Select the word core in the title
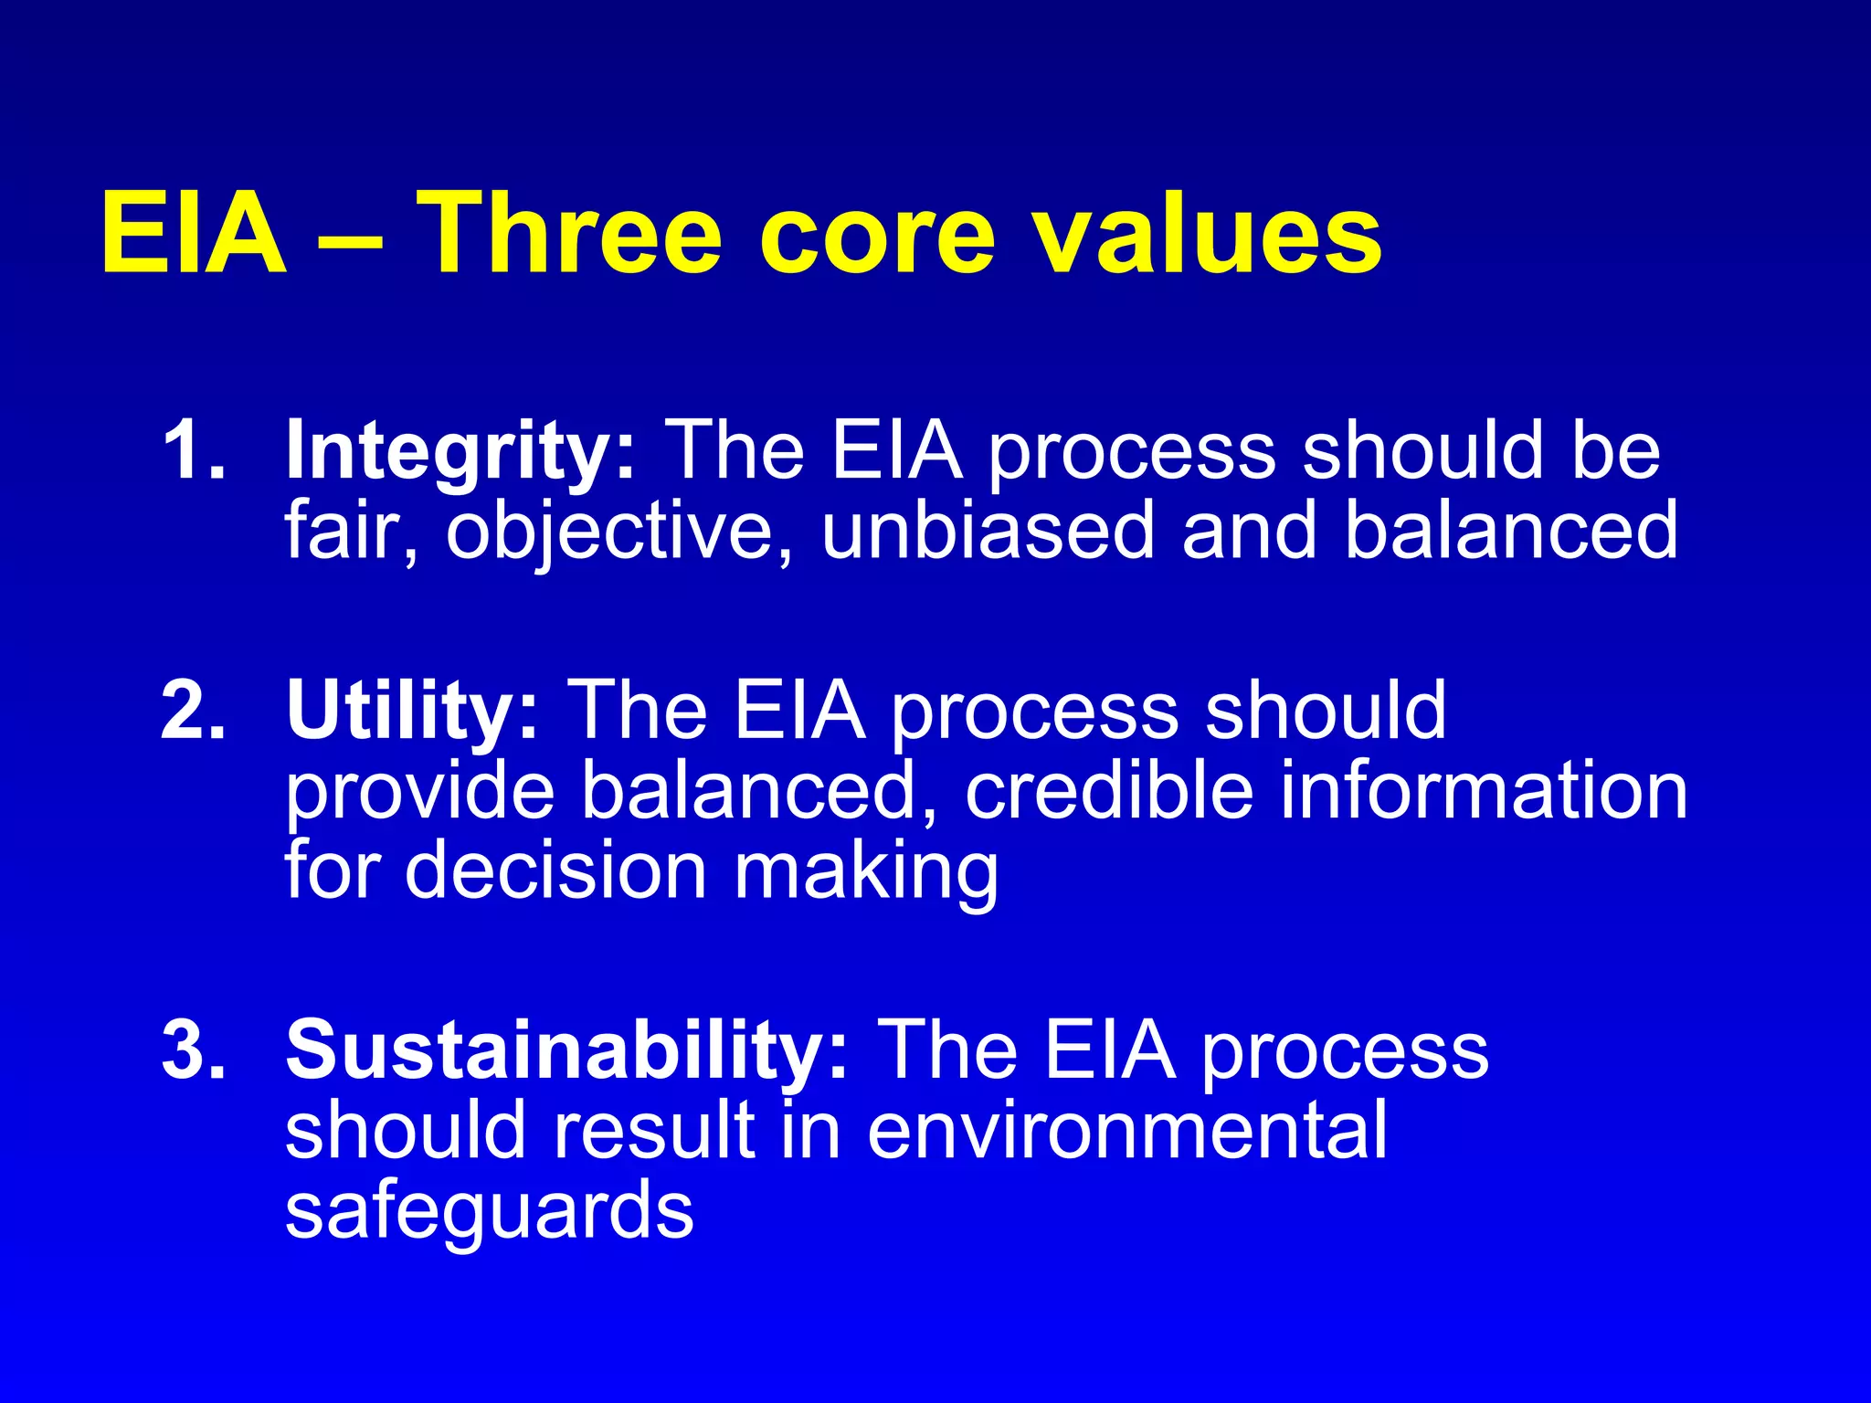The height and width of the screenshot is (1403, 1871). click(876, 236)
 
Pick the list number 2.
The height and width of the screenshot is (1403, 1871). click(192, 710)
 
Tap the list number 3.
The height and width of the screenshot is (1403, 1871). click(192, 1050)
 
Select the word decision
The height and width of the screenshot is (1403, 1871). click(555, 870)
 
